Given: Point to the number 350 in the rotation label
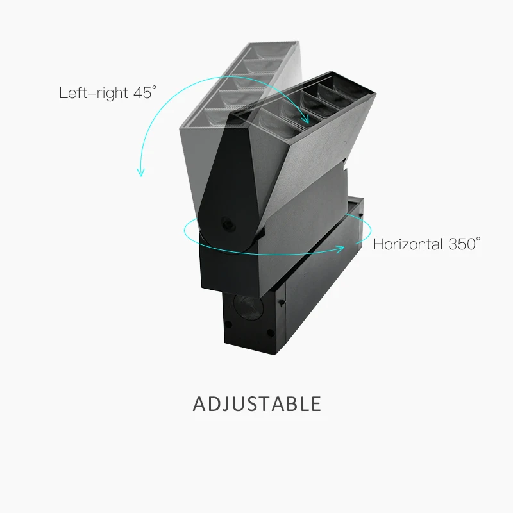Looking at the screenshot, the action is tap(460, 244).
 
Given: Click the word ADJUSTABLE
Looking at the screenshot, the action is tap(256, 404).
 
